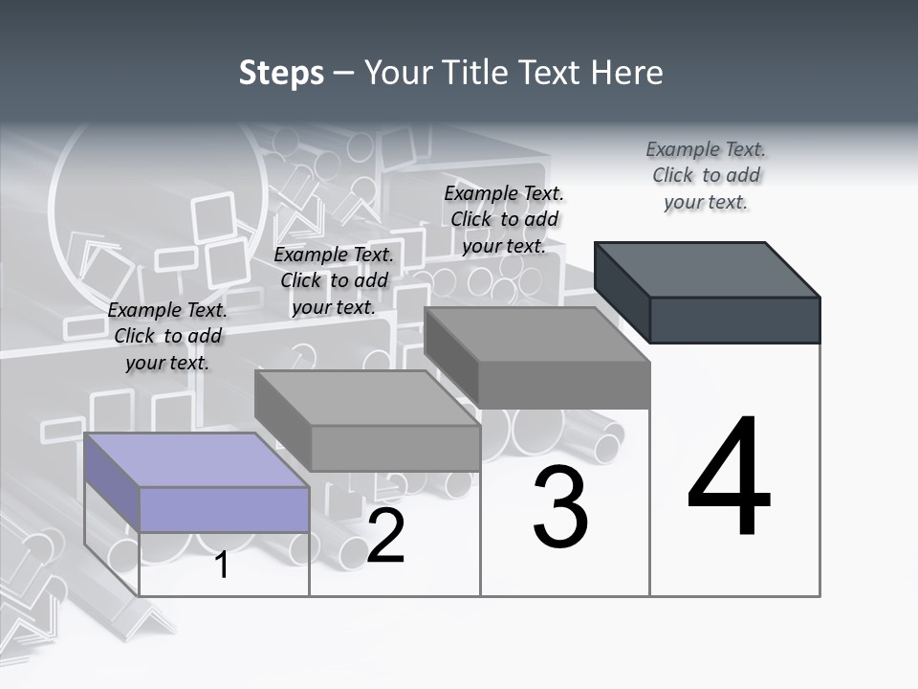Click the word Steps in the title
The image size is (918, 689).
(x=281, y=73)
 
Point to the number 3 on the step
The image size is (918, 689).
(x=560, y=507)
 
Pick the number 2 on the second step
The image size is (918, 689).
(x=386, y=537)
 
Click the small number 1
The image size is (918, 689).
(x=222, y=565)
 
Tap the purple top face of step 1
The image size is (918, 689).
(x=196, y=459)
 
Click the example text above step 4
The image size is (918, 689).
(x=706, y=176)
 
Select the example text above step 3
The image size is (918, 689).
(x=504, y=219)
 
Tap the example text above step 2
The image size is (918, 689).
(x=334, y=280)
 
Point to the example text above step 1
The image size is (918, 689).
(x=167, y=336)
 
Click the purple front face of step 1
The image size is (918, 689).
(x=224, y=509)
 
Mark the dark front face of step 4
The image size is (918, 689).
(x=734, y=320)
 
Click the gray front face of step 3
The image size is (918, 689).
(x=564, y=385)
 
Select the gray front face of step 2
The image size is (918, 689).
(x=395, y=448)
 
